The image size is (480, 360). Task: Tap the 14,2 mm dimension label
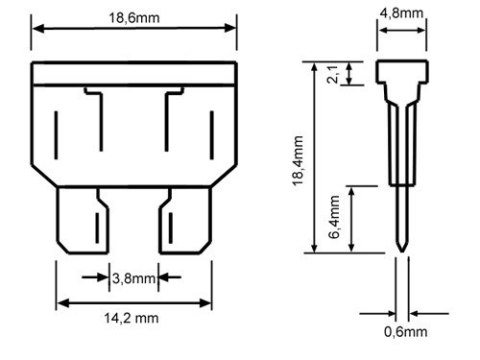pyautogui.click(x=134, y=318)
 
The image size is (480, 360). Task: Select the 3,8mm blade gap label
pyautogui.click(x=132, y=278)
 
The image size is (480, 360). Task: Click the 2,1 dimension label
pyautogui.click(x=334, y=73)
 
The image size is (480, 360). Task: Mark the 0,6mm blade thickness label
pyautogui.click(x=404, y=331)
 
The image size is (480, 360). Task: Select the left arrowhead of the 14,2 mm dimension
pyautogui.click(x=59, y=301)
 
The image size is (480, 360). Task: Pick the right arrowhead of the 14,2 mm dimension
pyautogui.click(x=208, y=301)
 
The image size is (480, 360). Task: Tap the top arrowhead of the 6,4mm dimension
pyautogui.click(x=352, y=190)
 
